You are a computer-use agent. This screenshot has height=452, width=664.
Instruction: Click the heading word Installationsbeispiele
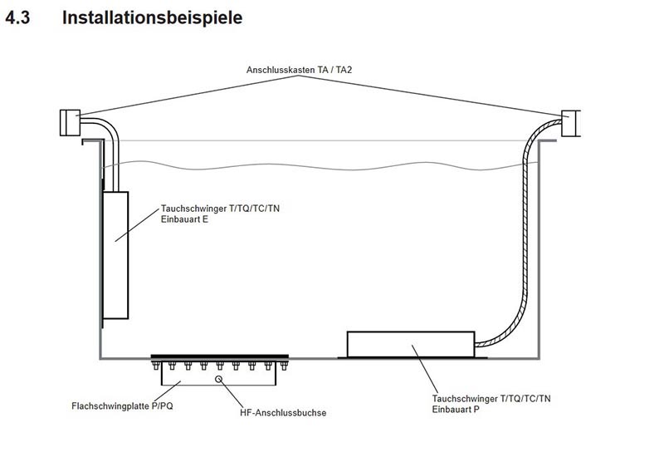click(153, 17)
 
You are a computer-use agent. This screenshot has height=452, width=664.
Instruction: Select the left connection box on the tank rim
click(67, 122)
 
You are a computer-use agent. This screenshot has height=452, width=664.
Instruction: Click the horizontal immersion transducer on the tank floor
click(411, 344)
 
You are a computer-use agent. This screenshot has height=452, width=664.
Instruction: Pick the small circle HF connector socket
click(220, 380)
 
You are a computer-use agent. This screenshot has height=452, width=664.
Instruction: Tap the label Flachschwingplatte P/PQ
click(122, 406)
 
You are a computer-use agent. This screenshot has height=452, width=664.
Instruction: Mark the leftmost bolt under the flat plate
click(157, 366)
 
